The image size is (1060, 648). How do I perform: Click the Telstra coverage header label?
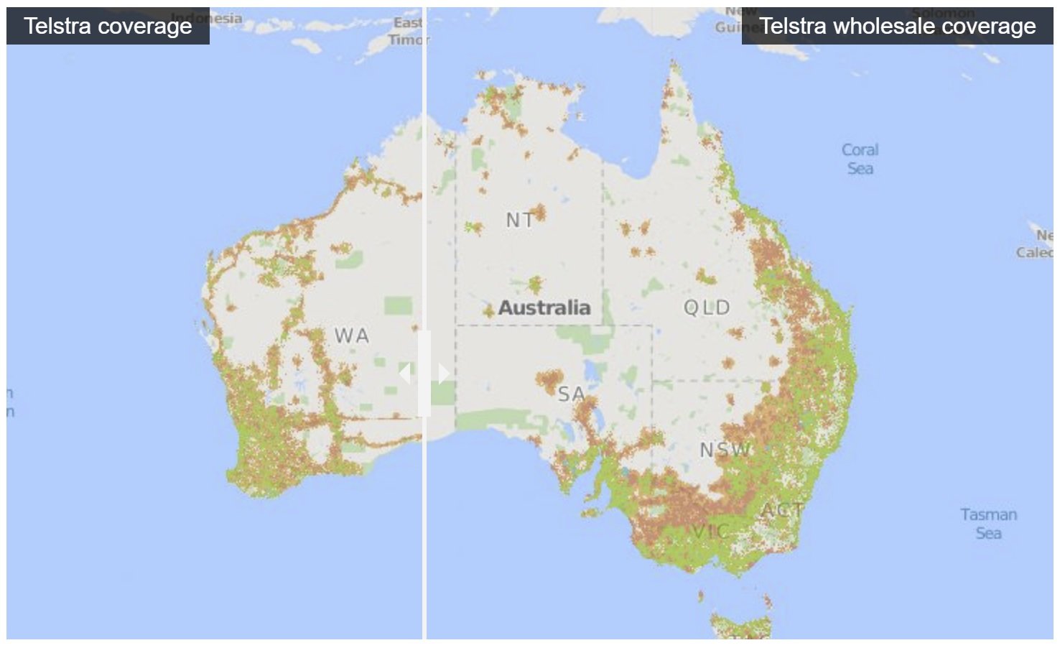(x=108, y=27)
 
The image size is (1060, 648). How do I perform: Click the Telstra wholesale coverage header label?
(x=897, y=27)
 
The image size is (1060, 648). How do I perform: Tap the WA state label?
(x=352, y=335)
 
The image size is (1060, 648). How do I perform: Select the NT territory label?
(x=520, y=220)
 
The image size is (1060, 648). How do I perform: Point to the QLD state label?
(x=707, y=308)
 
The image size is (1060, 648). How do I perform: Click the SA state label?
(x=571, y=394)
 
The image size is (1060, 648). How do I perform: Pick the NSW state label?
(x=724, y=450)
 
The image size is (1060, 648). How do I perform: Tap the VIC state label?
(x=710, y=532)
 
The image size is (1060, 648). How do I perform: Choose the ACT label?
(x=781, y=511)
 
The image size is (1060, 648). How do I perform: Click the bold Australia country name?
(x=544, y=307)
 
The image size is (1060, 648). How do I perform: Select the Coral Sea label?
(x=860, y=159)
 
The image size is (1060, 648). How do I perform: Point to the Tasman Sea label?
(x=988, y=524)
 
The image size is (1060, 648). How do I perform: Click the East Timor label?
(x=408, y=32)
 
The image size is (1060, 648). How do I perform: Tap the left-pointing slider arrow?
(x=405, y=374)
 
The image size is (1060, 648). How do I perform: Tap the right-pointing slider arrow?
(x=444, y=374)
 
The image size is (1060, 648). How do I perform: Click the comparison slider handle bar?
(x=424, y=374)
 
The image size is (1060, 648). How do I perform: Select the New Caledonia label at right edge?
(x=1038, y=244)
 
